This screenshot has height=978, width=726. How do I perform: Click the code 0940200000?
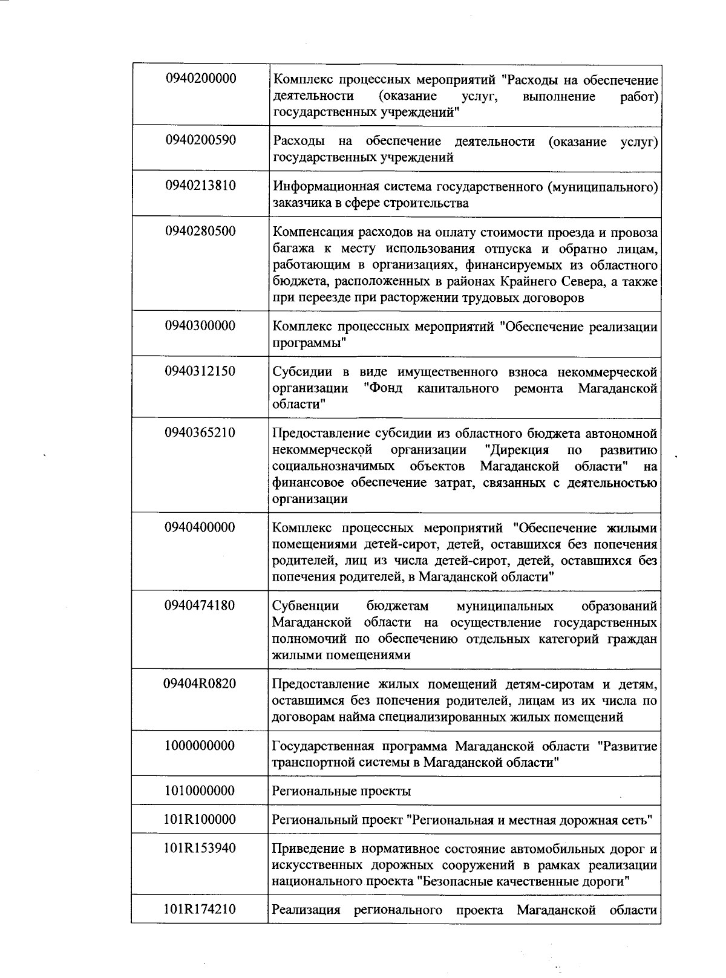tap(200, 79)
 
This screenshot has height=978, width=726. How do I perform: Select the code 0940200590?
tap(200, 140)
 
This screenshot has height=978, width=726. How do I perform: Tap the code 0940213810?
tap(200, 186)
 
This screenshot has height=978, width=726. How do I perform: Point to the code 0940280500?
tap(200, 232)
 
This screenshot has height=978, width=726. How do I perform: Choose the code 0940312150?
tap(200, 371)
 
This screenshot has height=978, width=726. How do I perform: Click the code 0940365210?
tap(200, 432)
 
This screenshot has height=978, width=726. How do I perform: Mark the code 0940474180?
tap(200, 605)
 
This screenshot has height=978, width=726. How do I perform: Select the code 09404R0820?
tap(200, 684)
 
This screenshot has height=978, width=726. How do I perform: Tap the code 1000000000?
tap(200, 746)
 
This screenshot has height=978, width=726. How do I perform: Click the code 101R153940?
tap(200, 848)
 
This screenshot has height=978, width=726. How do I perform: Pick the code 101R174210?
tap(200, 910)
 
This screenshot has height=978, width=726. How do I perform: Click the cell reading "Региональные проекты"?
tap(342, 791)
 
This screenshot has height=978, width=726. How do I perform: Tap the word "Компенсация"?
tap(310, 232)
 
